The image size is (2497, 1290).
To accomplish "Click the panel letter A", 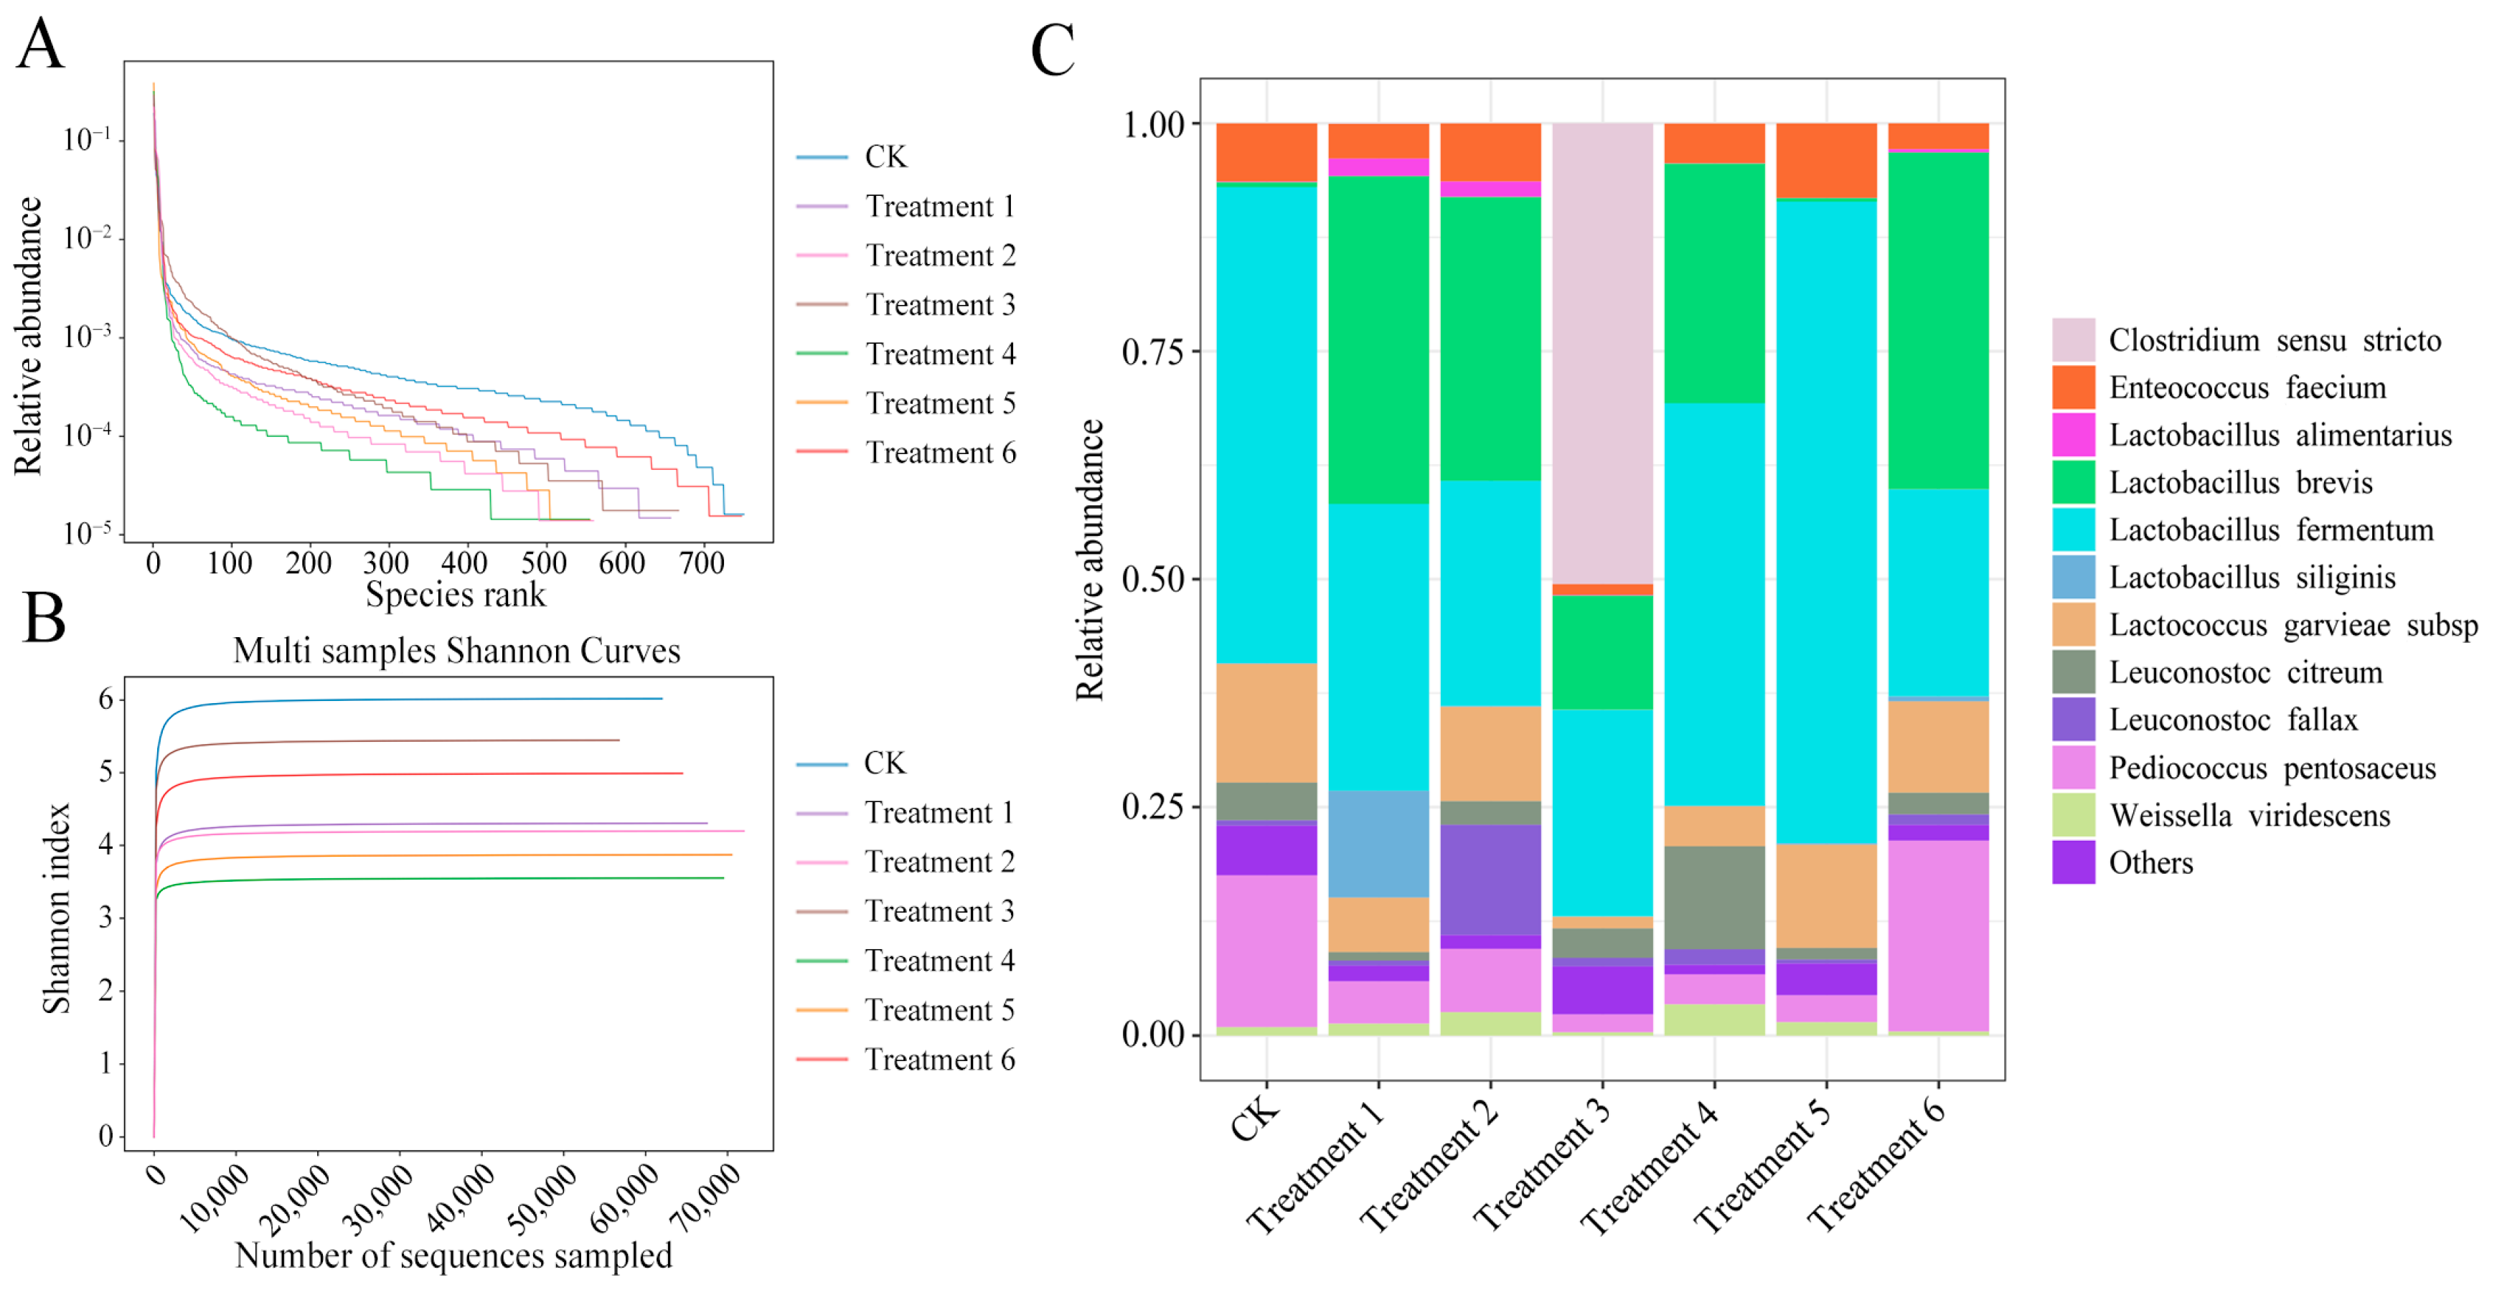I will point(41,44).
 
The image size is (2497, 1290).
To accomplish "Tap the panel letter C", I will point(1053,50).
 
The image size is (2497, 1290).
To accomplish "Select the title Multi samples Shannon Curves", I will point(456,650).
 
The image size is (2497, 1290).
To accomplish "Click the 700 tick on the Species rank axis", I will point(701,563).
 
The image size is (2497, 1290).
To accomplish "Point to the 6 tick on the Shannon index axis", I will point(105,699).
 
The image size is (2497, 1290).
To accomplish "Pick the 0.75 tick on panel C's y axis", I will point(1154,352).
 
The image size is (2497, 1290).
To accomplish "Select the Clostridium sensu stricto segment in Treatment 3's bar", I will point(1602,354).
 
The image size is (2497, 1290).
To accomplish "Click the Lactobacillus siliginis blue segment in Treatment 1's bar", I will point(1378,843).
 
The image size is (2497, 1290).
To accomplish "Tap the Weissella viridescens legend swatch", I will point(2074,815).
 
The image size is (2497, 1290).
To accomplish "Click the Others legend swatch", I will point(2074,862).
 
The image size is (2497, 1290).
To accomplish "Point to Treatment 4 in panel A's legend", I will point(939,354).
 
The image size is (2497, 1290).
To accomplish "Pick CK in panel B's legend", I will point(884,763).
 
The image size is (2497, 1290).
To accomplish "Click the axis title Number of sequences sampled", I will point(453,1255).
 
